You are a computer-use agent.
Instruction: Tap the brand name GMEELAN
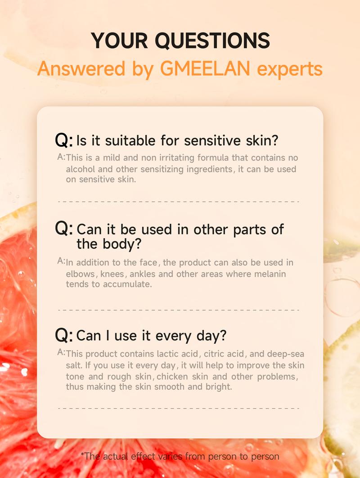(x=205, y=68)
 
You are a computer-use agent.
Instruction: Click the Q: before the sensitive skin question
(x=64, y=140)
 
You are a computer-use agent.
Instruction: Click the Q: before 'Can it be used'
(x=64, y=228)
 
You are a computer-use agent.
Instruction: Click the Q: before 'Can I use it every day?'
(x=64, y=335)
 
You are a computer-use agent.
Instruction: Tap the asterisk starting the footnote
(x=82, y=454)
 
